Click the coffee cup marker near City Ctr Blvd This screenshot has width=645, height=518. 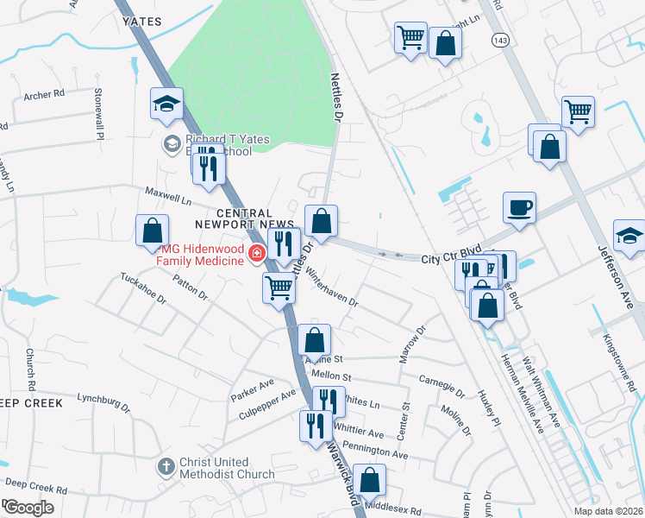tap(520, 209)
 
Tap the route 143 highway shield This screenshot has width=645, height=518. tap(500, 40)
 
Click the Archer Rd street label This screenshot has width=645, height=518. tap(45, 95)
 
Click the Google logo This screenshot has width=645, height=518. tap(28, 507)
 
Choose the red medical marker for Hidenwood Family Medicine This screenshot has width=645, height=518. tap(256, 254)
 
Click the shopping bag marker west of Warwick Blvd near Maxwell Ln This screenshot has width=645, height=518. tap(152, 231)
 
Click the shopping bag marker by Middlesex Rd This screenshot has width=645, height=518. tap(370, 482)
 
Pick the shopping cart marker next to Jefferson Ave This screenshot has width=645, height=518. tap(578, 112)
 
